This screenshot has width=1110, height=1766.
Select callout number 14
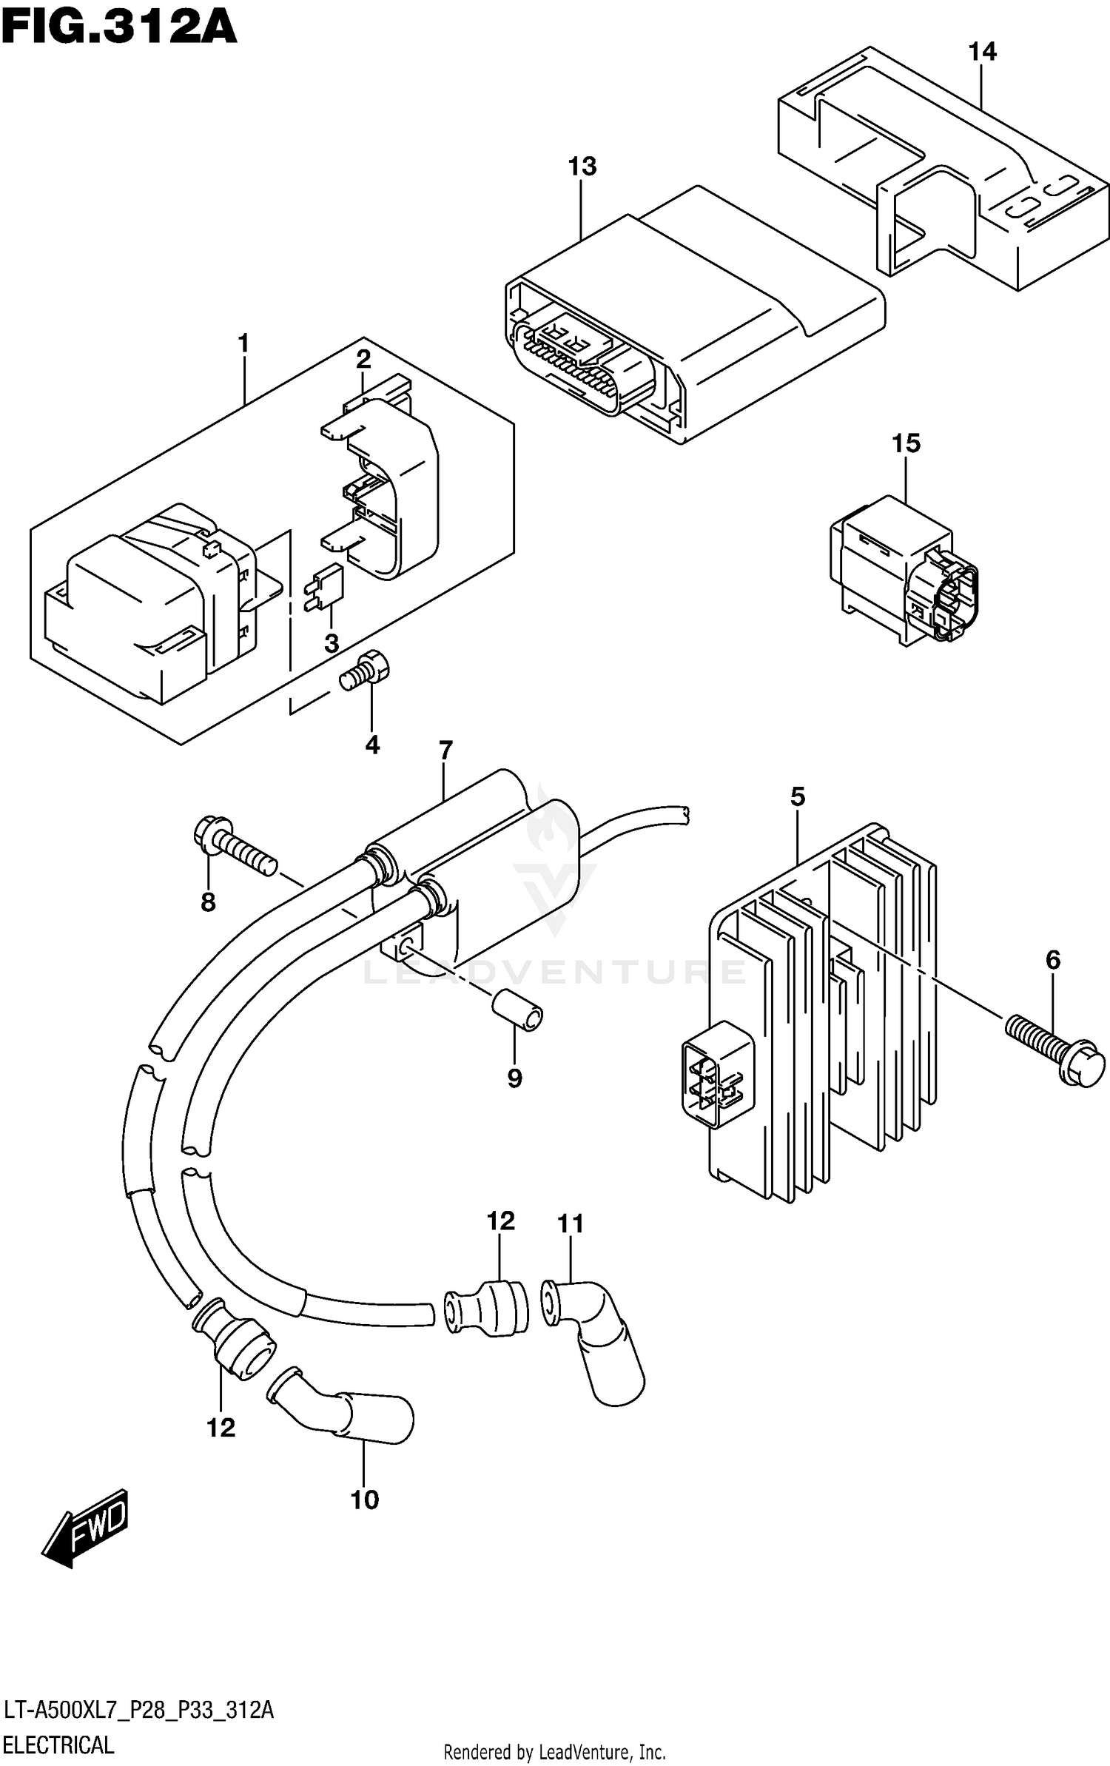[982, 52]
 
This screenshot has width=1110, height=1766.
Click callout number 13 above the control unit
[582, 167]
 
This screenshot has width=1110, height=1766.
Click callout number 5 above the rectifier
[797, 796]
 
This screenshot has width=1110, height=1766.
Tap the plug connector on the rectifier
[716, 1075]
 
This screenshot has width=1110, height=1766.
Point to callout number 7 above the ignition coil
[445, 751]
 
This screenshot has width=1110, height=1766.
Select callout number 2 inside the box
[363, 360]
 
